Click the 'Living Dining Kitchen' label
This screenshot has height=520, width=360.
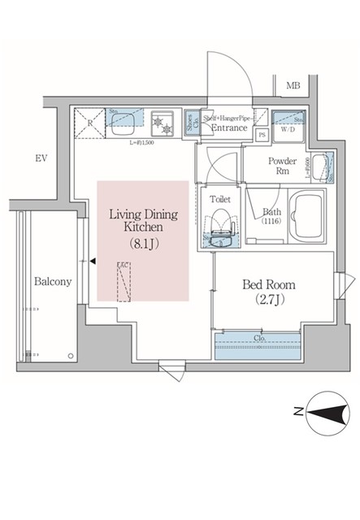143,222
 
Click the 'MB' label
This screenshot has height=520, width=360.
293,84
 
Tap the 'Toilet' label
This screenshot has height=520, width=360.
220,197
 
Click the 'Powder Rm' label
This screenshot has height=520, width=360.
284,166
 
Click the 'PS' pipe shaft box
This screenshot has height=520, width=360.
262,136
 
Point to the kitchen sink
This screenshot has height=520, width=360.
122,121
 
